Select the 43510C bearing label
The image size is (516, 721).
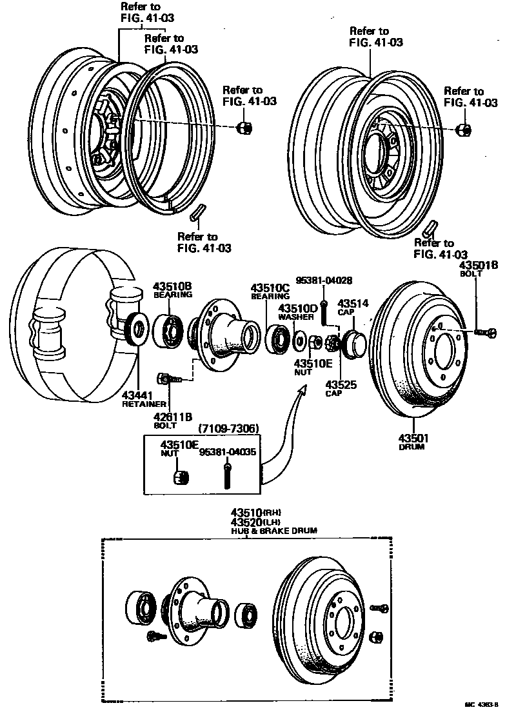[271, 288]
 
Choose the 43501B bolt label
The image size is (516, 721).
[479, 265]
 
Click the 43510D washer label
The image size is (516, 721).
[298, 308]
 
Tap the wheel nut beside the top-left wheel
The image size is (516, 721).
[244, 127]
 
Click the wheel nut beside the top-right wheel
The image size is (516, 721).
[464, 130]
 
